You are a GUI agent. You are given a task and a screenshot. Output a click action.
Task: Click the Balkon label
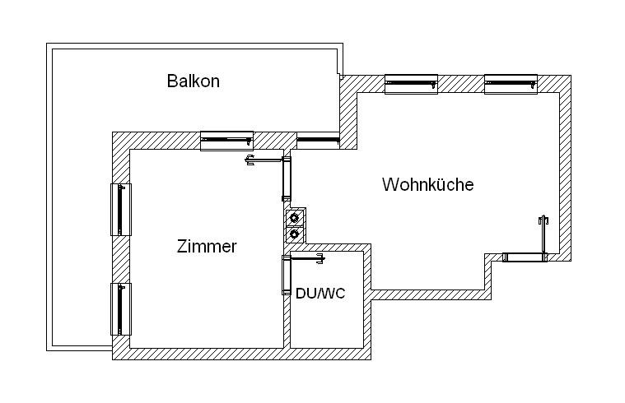(x=193, y=81)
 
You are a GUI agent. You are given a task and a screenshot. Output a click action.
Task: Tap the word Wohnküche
(x=427, y=184)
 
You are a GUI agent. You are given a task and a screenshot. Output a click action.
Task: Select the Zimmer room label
(x=207, y=246)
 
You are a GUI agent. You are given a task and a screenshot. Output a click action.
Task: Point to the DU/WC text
(x=320, y=293)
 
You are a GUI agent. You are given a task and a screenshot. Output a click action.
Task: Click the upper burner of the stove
(x=294, y=218)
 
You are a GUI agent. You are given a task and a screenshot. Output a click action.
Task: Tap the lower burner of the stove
(x=294, y=234)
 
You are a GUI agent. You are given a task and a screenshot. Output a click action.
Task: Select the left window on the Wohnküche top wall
(x=411, y=84)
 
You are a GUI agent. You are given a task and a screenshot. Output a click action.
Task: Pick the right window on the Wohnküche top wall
(x=511, y=84)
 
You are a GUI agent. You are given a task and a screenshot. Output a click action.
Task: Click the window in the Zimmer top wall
(x=226, y=141)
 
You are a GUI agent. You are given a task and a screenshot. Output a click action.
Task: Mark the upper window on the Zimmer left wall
(x=120, y=209)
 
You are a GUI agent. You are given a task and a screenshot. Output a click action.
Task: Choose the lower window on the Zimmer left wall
(x=120, y=308)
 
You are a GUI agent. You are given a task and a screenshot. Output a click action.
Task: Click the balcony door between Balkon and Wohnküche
(x=318, y=141)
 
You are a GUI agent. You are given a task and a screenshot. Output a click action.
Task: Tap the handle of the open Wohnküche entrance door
(x=543, y=220)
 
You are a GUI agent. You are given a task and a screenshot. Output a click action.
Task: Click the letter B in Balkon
(x=172, y=81)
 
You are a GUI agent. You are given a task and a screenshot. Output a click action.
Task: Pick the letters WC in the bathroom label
(x=333, y=293)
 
